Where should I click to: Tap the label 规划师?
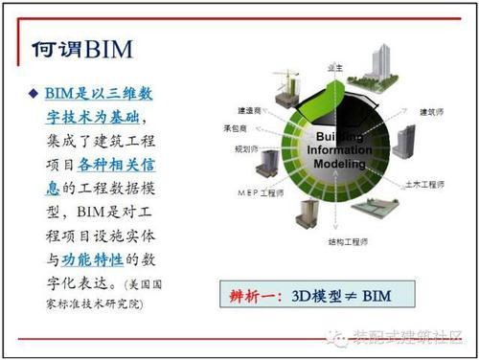[x=245, y=148]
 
